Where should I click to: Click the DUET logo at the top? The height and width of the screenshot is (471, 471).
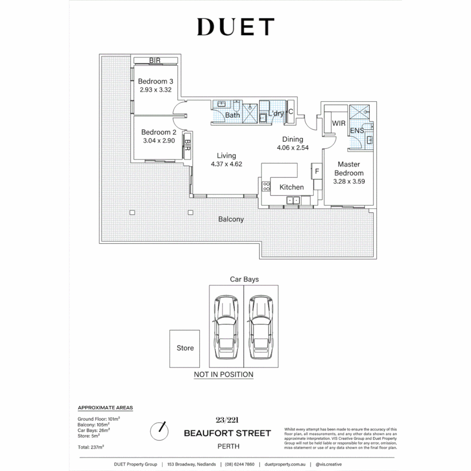(235, 27)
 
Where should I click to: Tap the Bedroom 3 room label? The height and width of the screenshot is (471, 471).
(156, 82)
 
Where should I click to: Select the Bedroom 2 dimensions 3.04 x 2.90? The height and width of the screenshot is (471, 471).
(157, 141)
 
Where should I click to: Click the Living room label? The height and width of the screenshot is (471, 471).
(226, 156)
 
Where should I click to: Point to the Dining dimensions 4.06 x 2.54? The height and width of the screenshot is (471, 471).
(293, 147)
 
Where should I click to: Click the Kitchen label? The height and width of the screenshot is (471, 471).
(291, 187)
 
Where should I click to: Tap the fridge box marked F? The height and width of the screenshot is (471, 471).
(317, 171)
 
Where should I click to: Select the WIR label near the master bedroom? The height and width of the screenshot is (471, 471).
(339, 124)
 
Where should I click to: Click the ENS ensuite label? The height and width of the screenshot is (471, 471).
(357, 130)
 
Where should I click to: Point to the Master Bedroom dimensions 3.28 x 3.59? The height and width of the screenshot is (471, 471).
(348, 181)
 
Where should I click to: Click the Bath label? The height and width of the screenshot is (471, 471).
(232, 116)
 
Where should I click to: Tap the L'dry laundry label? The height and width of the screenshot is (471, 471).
(276, 114)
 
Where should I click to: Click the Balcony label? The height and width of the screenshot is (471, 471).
(231, 219)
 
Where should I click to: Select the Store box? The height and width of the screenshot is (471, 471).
(185, 348)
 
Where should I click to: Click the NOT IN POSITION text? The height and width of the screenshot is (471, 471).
(223, 374)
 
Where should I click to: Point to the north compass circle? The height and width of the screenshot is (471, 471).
(159, 431)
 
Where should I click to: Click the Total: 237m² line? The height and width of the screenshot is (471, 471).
(91, 447)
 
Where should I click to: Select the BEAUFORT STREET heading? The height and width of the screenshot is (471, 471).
(227, 433)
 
